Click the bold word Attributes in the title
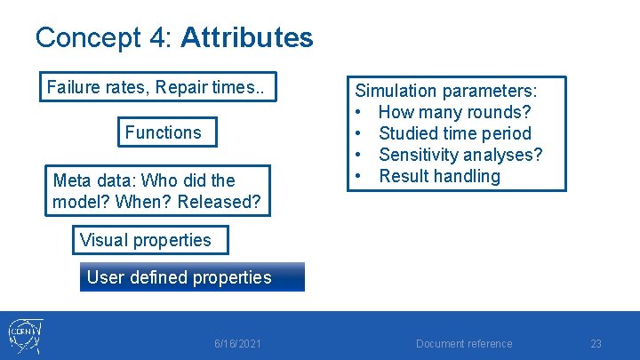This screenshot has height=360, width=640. pos(246,37)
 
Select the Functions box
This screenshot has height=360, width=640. pos(163,132)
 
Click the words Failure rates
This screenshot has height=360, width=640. pos(95,87)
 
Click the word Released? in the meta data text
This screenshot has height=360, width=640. pos(219,202)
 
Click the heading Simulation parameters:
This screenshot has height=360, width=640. pos(446,91)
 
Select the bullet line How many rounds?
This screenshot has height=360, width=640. pos(454,112)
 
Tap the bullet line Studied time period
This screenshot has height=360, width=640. pos(454,133)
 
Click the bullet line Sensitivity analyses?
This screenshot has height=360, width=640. pos(460,155)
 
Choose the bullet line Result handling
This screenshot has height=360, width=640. pos(439,176)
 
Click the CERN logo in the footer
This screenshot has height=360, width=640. pos(25,336)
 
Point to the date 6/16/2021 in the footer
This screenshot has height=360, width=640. pos(237,344)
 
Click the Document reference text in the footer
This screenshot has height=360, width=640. pos(464,344)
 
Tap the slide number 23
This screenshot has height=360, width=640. pos(596,344)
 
